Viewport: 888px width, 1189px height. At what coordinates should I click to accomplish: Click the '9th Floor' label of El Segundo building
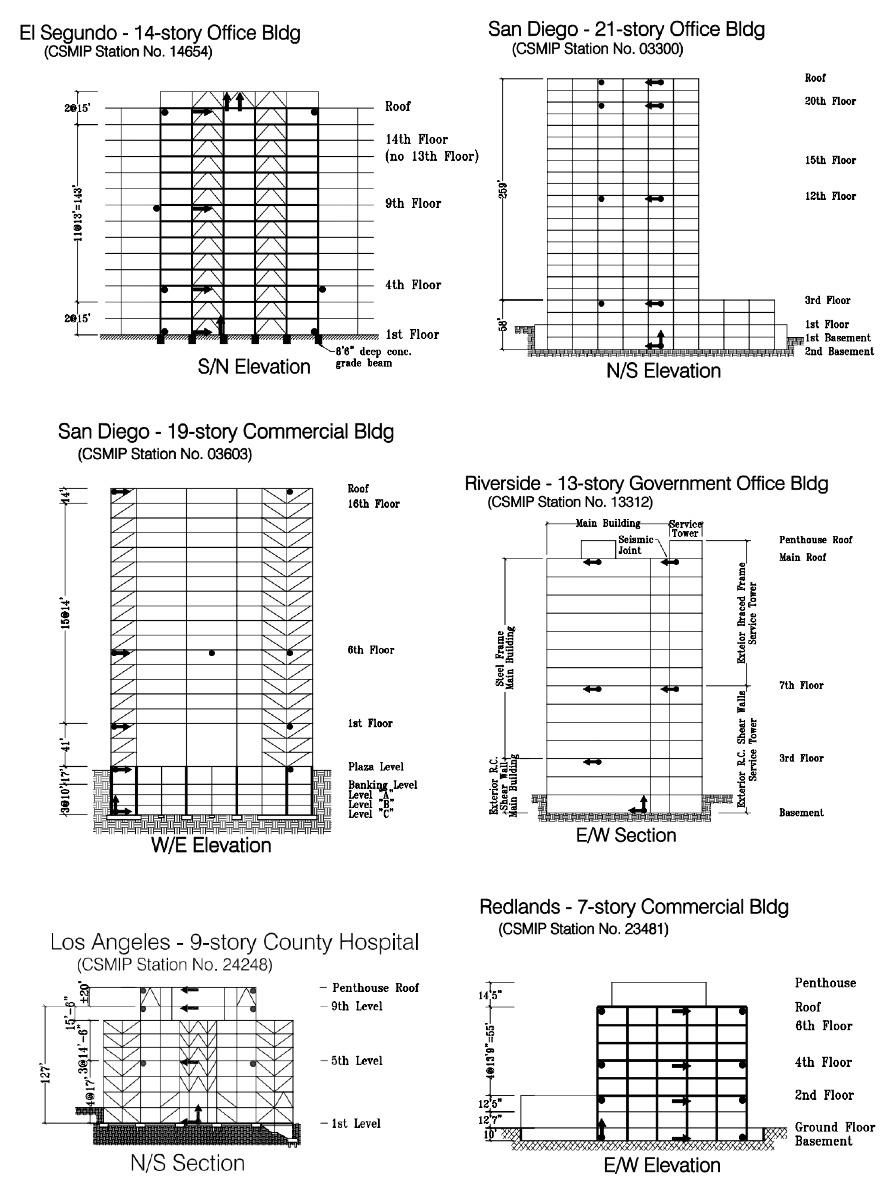413,204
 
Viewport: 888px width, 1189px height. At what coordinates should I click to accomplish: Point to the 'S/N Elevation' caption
254,367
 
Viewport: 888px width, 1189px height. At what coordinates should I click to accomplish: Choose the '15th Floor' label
830,160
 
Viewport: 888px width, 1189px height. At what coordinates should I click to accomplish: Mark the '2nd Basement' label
838,351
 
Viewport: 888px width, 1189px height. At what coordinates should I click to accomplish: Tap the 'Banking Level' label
382,785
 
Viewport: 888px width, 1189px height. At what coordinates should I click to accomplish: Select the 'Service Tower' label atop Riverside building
685,529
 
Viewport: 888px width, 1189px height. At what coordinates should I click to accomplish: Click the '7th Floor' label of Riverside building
801,685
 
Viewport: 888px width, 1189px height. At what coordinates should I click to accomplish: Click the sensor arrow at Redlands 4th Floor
680,1065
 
